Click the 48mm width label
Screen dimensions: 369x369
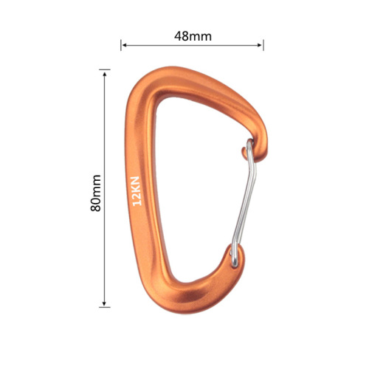tap(192, 35)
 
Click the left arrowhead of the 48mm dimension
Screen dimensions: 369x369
tap(124, 46)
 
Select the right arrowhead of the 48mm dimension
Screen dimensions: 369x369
tap(261, 46)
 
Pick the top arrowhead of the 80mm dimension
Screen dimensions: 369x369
tap(105, 72)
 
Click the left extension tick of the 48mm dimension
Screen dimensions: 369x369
tap(121, 46)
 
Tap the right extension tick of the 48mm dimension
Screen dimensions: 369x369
tap(263, 46)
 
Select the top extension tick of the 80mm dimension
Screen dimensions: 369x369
tap(105, 69)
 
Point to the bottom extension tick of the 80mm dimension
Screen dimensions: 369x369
tap(105, 306)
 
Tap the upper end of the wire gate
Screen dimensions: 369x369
tap(247, 151)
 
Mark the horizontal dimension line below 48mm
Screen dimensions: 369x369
tap(192, 46)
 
